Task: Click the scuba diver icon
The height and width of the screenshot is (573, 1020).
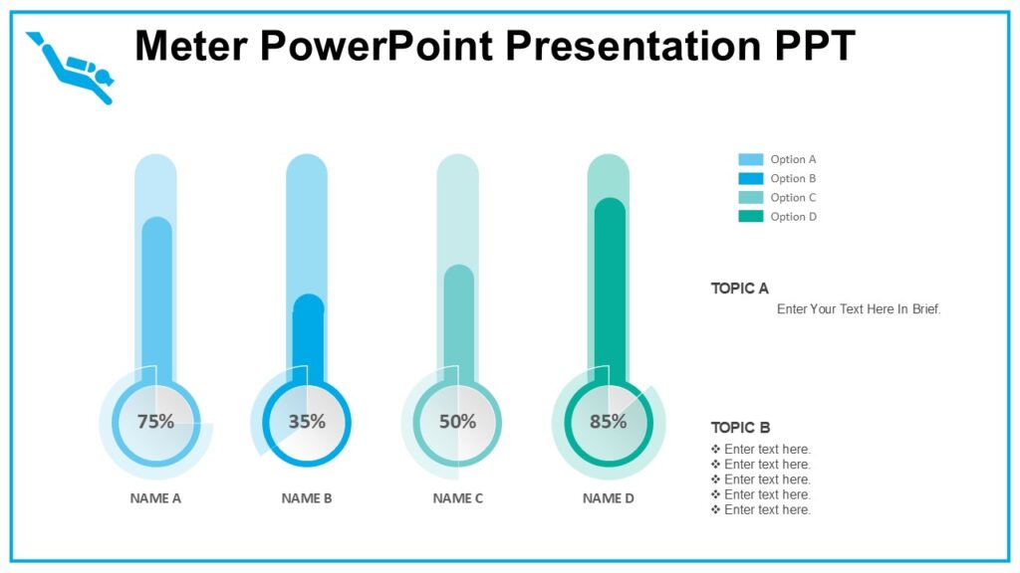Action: coord(71,68)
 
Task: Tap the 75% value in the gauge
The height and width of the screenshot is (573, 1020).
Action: coord(155,422)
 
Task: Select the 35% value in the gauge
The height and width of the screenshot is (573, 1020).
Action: coord(307,422)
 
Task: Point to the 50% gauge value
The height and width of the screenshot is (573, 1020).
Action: coord(458,422)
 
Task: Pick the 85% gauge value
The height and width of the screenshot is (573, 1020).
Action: coord(609,422)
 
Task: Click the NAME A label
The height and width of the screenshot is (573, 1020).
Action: coord(155,498)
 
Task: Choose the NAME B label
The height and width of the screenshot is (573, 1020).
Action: coord(307,498)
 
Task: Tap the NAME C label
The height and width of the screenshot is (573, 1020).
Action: coord(458,498)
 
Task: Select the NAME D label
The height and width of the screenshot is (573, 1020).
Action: coord(609,498)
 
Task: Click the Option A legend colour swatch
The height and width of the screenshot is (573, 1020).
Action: coord(750,159)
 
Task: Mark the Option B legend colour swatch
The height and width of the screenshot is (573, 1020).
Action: coord(750,179)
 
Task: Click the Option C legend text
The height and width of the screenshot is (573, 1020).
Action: coord(793,198)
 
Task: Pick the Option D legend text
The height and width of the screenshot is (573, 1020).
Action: coord(793,217)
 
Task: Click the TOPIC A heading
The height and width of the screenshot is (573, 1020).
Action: coord(739,288)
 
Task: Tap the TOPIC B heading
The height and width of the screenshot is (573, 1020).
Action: coord(740,428)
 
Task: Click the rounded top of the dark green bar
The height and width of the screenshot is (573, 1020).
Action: coord(610,207)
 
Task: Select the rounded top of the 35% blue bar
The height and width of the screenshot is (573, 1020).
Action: coord(309,303)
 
